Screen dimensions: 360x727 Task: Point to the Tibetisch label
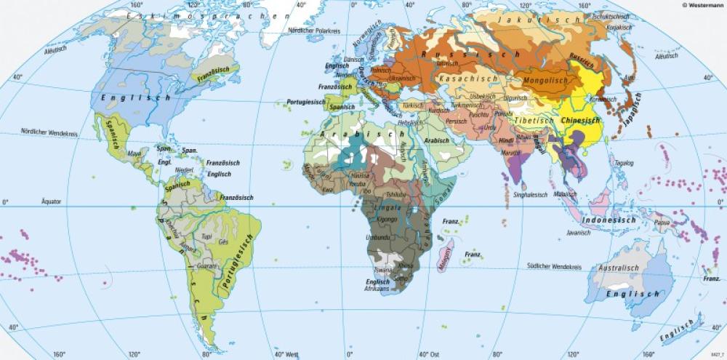coord(536,120)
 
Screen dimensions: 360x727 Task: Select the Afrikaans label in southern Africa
coord(377,289)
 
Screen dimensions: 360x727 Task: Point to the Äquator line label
coord(51,201)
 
